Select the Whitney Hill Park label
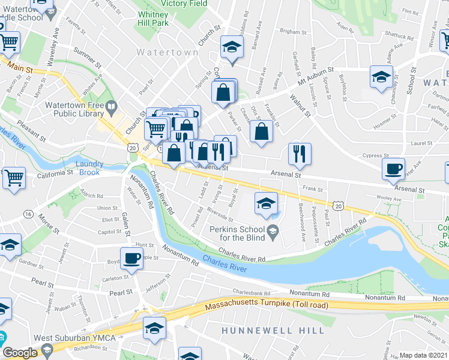[153, 19]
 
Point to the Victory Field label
[189, 3]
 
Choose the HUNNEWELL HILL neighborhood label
[273, 331]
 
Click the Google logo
[20, 353]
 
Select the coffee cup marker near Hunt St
[131, 258]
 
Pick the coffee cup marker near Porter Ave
[394, 168]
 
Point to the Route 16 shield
[28, 214]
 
